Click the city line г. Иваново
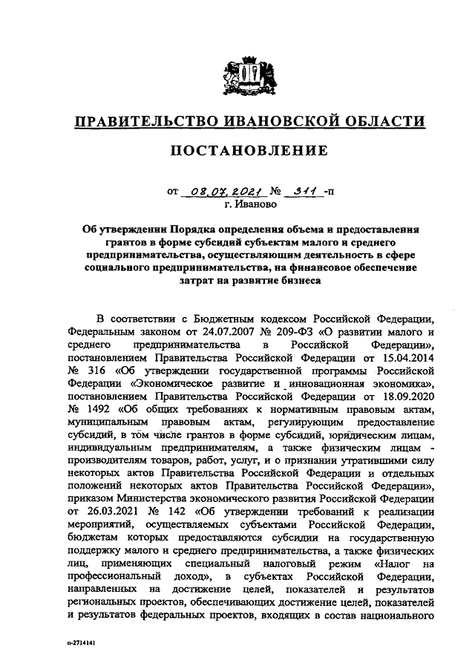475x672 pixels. pos(251,202)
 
